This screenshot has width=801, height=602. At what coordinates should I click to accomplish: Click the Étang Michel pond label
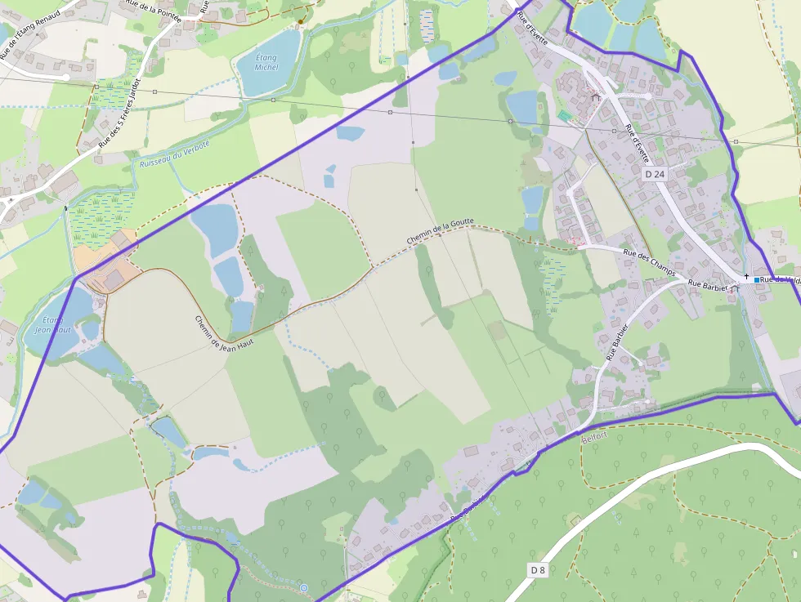click(x=266, y=62)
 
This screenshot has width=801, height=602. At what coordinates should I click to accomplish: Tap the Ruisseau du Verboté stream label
click(x=174, y=153)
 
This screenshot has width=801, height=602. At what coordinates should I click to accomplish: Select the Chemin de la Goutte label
click(x=440, y=233)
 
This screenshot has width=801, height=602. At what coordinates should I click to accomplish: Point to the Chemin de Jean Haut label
click(x=224, y=334)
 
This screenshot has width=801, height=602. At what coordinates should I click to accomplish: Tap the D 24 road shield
click(x=655, y=174)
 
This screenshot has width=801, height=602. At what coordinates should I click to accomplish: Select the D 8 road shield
click(x=536, y=569)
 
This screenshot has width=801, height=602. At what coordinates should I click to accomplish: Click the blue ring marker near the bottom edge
click(x=304, y=587)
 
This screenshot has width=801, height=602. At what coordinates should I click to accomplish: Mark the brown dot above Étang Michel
click(x=302, y=20)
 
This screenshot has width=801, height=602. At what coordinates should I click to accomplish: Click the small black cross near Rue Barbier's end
click(x=746, y=276)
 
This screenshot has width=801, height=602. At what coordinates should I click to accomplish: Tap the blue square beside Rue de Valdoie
click(x=758, y=280)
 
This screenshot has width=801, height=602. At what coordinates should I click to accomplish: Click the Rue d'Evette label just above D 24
click(x=638, y=144)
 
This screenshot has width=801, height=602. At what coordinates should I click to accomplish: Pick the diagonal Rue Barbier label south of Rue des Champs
click(x=620, y=341)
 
